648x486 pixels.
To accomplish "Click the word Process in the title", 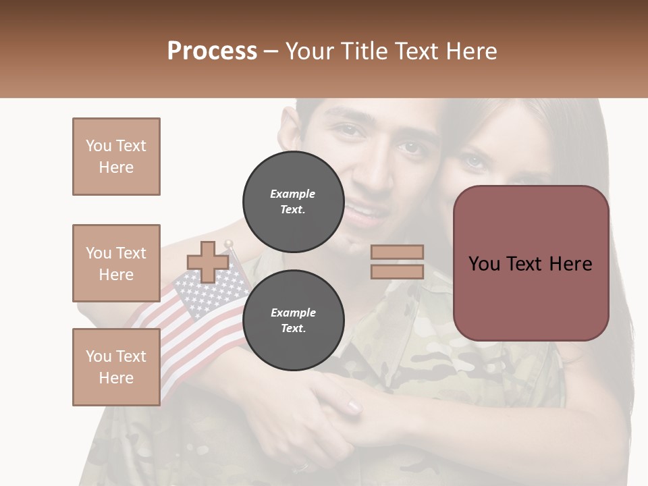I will click(212, 51).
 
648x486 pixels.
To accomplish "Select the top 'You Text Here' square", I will click(116, 157).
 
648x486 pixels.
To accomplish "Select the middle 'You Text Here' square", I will click(116, 263).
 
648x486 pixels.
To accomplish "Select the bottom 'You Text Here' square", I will click(116, 367).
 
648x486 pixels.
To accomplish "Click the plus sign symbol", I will click(208, 262).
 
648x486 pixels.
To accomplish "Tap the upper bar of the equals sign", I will click(397, 252).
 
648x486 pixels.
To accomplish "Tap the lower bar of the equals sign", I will click(397, 271).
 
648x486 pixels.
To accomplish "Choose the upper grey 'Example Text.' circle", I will click(293, 201).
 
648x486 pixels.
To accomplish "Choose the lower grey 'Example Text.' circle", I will click(293, 320).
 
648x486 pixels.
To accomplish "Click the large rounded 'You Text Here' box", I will click(531, 263).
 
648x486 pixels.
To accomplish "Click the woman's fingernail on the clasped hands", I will click(354, 406).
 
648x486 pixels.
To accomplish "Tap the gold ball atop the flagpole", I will click(230, 244).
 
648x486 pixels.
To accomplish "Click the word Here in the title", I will click(472, 51).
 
